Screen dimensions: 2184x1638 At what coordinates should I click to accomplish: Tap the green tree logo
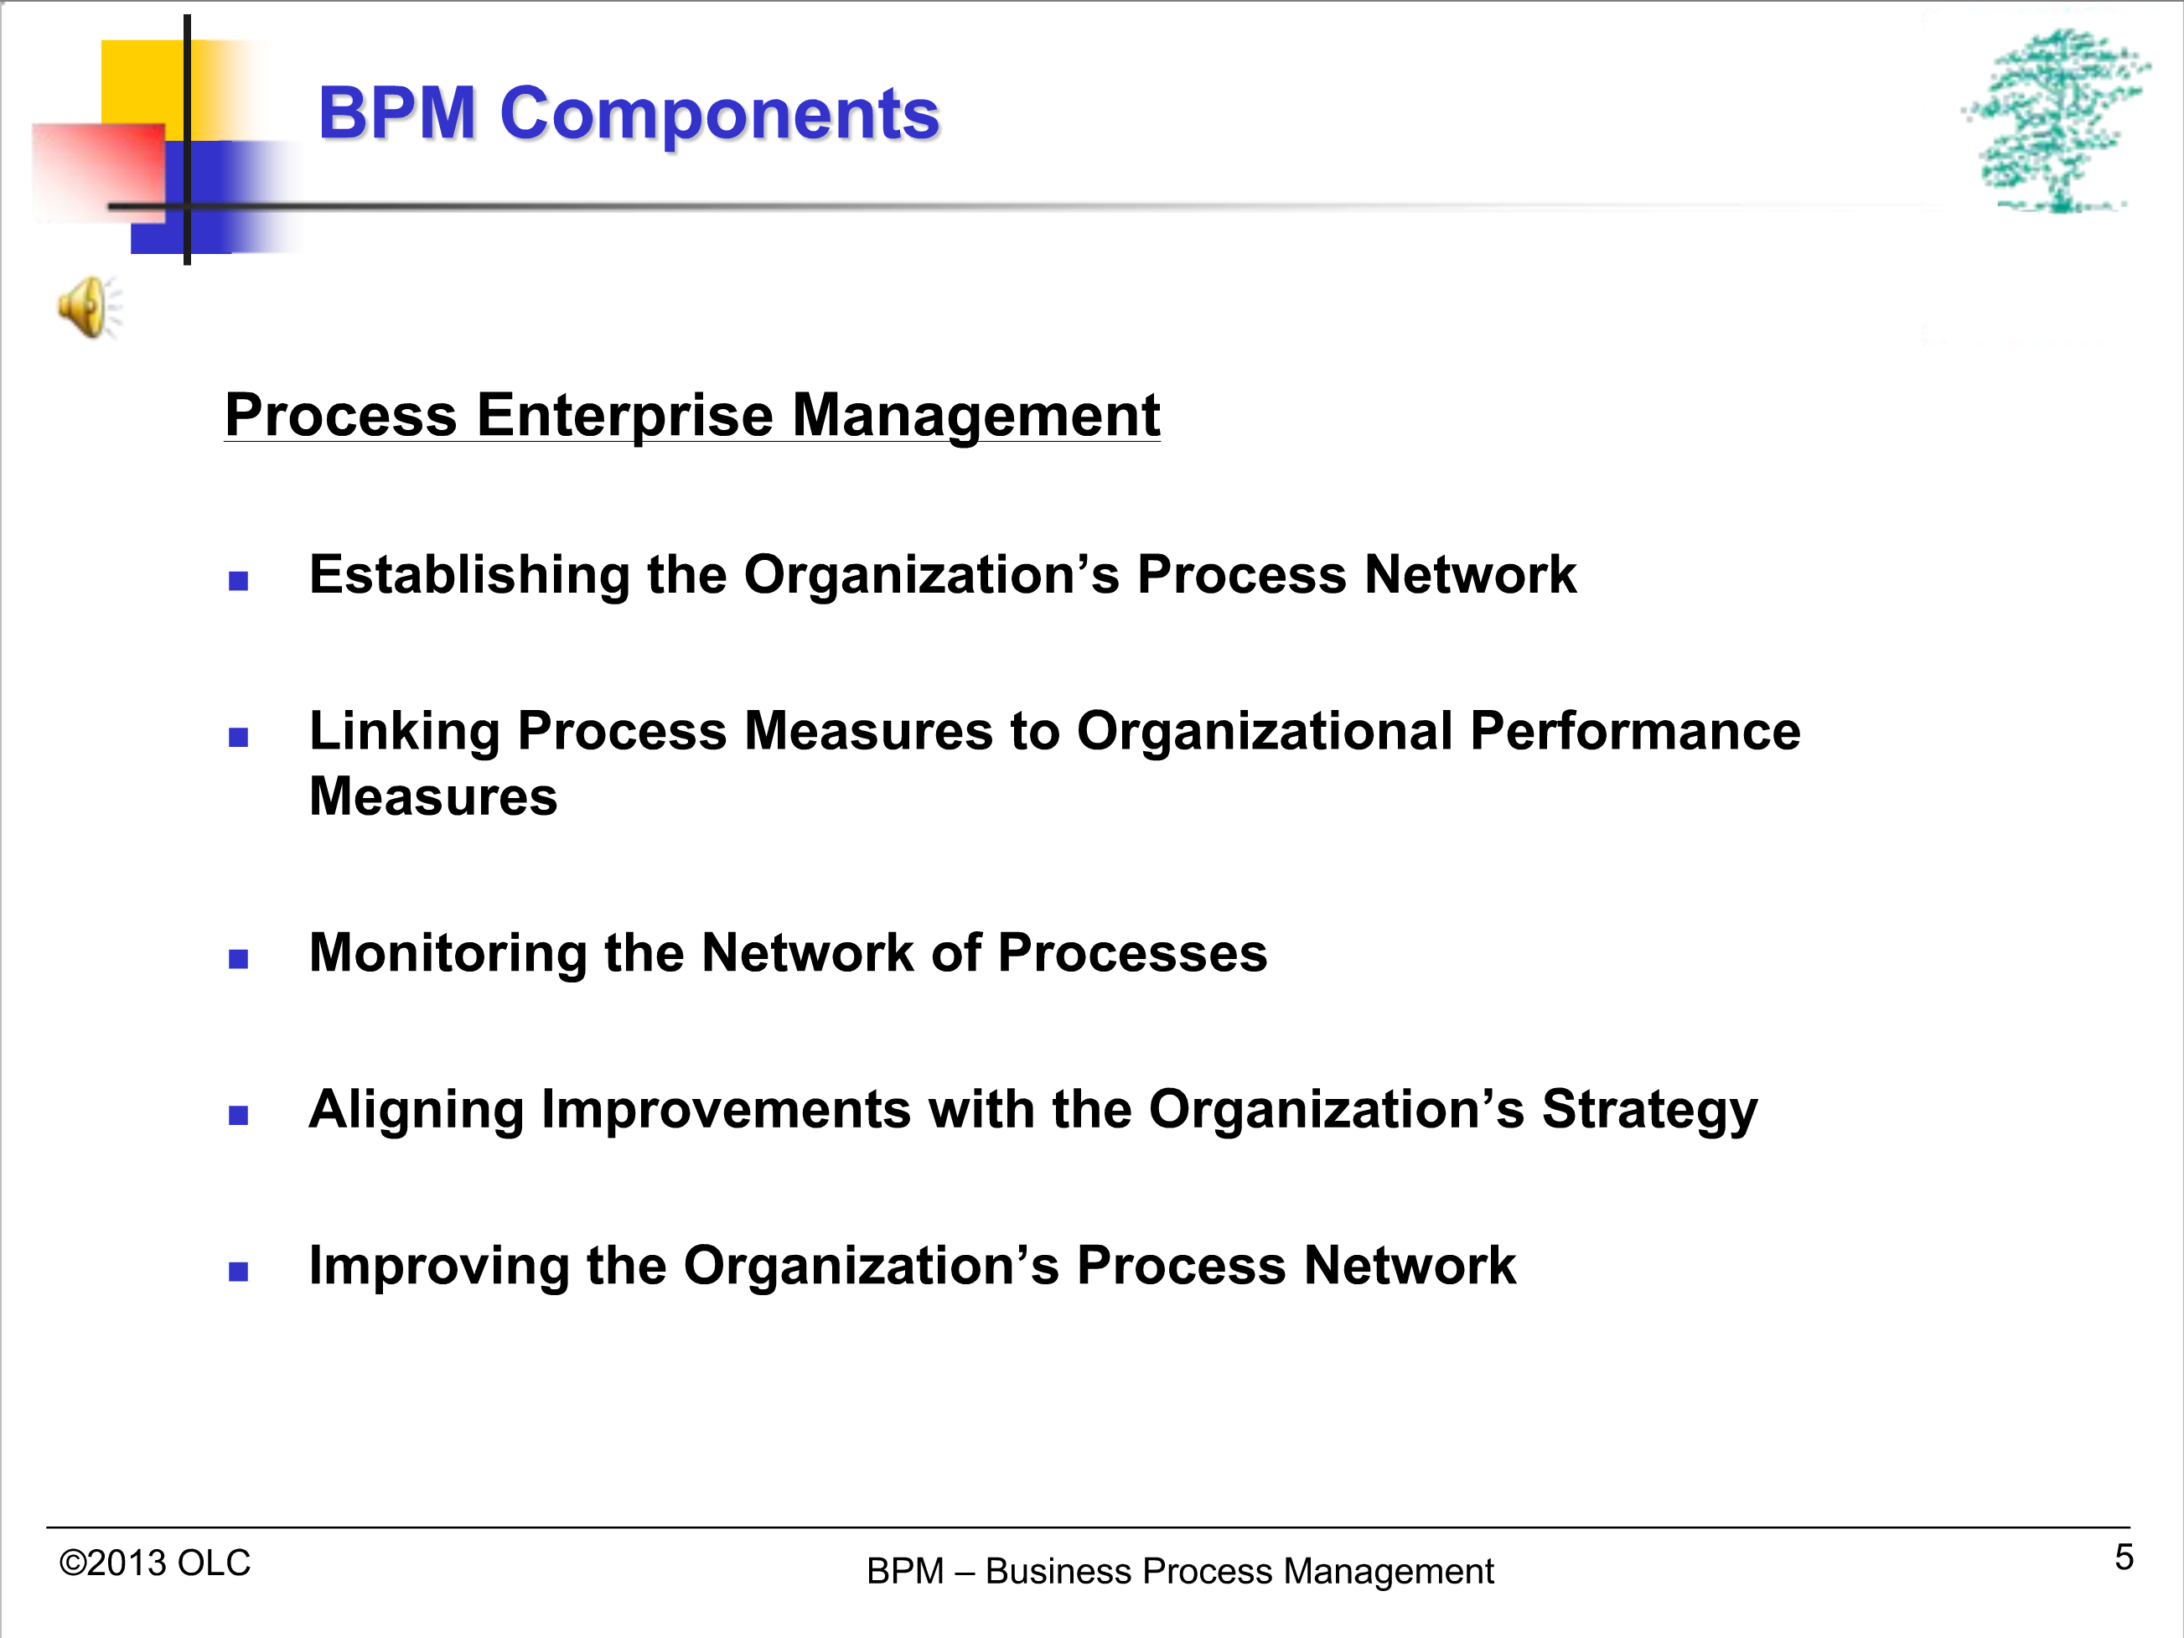coord(2056,121)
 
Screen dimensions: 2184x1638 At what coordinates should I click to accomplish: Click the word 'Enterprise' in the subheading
coord(625,416)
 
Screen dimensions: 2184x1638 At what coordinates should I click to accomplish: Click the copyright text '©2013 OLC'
coord(155,1563)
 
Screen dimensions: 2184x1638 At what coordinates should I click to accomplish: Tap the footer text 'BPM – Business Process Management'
coord(1180,1571)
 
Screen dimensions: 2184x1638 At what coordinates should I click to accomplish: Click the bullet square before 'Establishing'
coord(238,581)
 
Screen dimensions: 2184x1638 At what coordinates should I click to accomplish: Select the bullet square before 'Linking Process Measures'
coord(238,737)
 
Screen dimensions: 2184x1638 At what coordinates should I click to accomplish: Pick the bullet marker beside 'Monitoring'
coord(238,959)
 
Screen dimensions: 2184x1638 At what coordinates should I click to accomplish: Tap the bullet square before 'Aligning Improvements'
coord(238,1115)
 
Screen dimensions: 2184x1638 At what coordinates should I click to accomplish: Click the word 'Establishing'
coord(469,576)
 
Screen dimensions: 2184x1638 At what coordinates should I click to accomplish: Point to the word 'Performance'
coord(1635,732)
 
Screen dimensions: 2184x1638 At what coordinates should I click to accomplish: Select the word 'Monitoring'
coord(448,955)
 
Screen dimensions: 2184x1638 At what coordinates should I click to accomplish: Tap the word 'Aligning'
coord(416,1111)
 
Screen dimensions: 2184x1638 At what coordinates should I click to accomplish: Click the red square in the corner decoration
coord(98,171)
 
